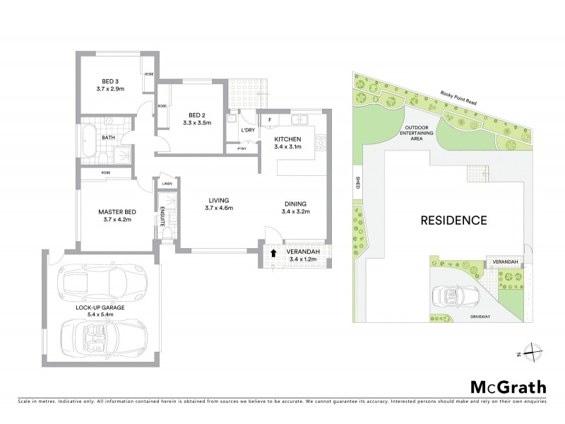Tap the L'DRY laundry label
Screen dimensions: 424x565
pyautogui.click(x=247, y=131)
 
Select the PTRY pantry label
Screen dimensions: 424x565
pyautogui.click(x=242, y=149)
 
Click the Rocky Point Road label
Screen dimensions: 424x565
pyautogui.click(x=458, y=98)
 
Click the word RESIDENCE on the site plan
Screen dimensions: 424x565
pyautogui.click(x=453, y=220)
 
